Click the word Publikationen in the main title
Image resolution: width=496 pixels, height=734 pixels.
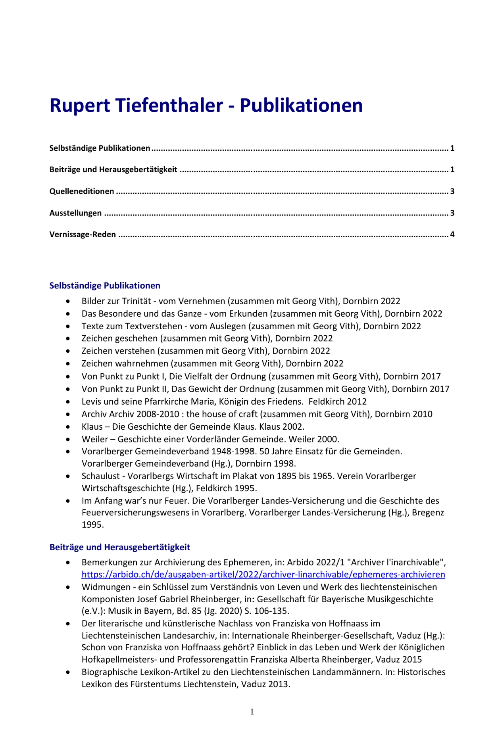click(301, 106)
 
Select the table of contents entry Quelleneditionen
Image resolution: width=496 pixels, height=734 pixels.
click(82, 191)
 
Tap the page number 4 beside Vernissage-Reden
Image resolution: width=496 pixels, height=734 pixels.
click(452, 234)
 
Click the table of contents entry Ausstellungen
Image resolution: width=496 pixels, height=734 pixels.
click(75, 213)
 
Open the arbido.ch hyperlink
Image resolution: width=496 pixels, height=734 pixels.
click(263, 575)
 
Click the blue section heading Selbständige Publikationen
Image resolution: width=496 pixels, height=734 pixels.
click(105, 286)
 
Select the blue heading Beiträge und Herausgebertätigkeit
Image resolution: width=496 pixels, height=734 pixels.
click(119, 547)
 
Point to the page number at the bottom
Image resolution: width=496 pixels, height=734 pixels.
click(252, 711)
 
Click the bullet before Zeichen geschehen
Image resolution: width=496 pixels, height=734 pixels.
click(69, 339)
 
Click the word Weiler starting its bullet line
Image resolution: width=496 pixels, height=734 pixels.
click(95, 439)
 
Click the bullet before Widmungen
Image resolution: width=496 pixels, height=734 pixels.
click(69, 587)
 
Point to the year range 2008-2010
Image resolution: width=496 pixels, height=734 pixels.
click(158, 414)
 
